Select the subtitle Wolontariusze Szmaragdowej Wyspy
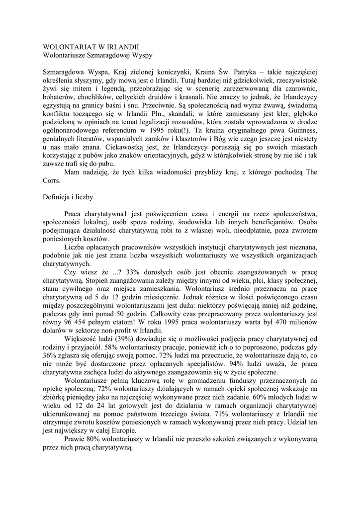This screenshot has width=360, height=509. pos(98,54)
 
